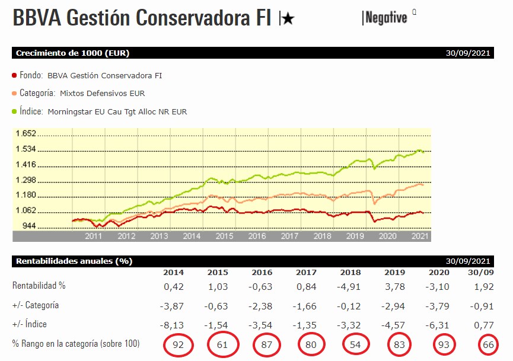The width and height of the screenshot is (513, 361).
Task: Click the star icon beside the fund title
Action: tap(288, 19)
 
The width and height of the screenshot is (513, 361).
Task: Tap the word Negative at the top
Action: tap(386, 18)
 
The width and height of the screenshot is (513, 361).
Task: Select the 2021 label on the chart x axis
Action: tap(420, 236)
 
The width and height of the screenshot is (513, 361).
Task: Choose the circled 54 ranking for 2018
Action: tap(354, 344)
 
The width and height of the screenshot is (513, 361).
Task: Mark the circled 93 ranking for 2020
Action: tap(443, 344)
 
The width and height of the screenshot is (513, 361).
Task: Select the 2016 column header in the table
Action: tap(262, 273)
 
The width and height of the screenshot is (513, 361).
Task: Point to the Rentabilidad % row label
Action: tap(39, 286)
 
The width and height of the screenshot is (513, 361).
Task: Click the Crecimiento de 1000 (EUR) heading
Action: tap(72, 53)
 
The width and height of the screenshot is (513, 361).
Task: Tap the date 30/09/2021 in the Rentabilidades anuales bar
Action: tap(468, 261)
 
